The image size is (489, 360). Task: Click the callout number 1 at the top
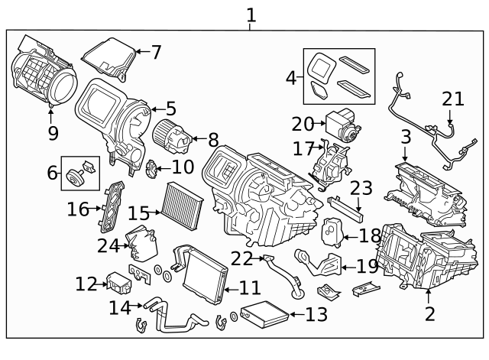click(x=251, y=15)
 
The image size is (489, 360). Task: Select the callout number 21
click(x=452, y=99)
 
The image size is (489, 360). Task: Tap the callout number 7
click(x=156, y=53)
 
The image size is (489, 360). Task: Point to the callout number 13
click(x=316, y=314)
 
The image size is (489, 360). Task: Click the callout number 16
click(x=77, y=209)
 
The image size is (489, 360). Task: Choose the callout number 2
click(x=429, y=313)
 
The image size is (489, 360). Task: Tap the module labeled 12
click(x=119, y=283)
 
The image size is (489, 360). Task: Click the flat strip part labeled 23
click(x=345, y=206)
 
